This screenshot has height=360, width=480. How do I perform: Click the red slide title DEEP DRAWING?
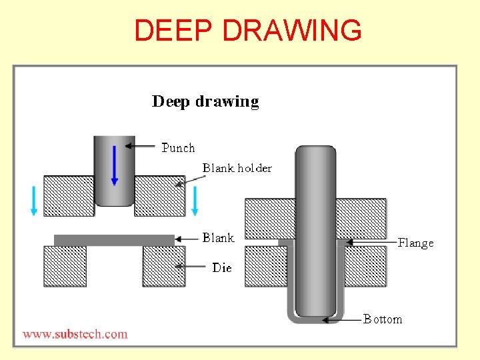click(248, 31)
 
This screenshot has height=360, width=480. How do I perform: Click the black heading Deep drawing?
click(205, 102)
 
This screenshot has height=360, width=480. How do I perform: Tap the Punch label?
click(178, 148)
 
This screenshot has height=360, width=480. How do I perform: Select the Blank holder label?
click(237, 168)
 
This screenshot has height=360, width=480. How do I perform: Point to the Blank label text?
click(218, 238)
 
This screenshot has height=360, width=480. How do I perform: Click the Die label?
click(222, 267)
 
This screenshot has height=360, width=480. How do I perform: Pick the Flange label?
click(415, 243)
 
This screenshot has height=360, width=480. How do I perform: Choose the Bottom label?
click(383, 319)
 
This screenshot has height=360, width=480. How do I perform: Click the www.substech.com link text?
click(75, 334)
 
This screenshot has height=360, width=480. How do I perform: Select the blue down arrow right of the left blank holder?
click(195, 201)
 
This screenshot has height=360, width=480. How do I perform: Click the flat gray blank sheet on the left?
click(114, 240)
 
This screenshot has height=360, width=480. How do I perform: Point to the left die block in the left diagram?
click(65, 266)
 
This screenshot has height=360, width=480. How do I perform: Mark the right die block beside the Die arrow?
click(163, 266)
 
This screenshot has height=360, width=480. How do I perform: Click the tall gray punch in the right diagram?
click(315, 227)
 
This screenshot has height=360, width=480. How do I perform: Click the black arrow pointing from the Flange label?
click(371, 243)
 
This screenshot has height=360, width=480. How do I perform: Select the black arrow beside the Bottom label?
click(341, 320)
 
